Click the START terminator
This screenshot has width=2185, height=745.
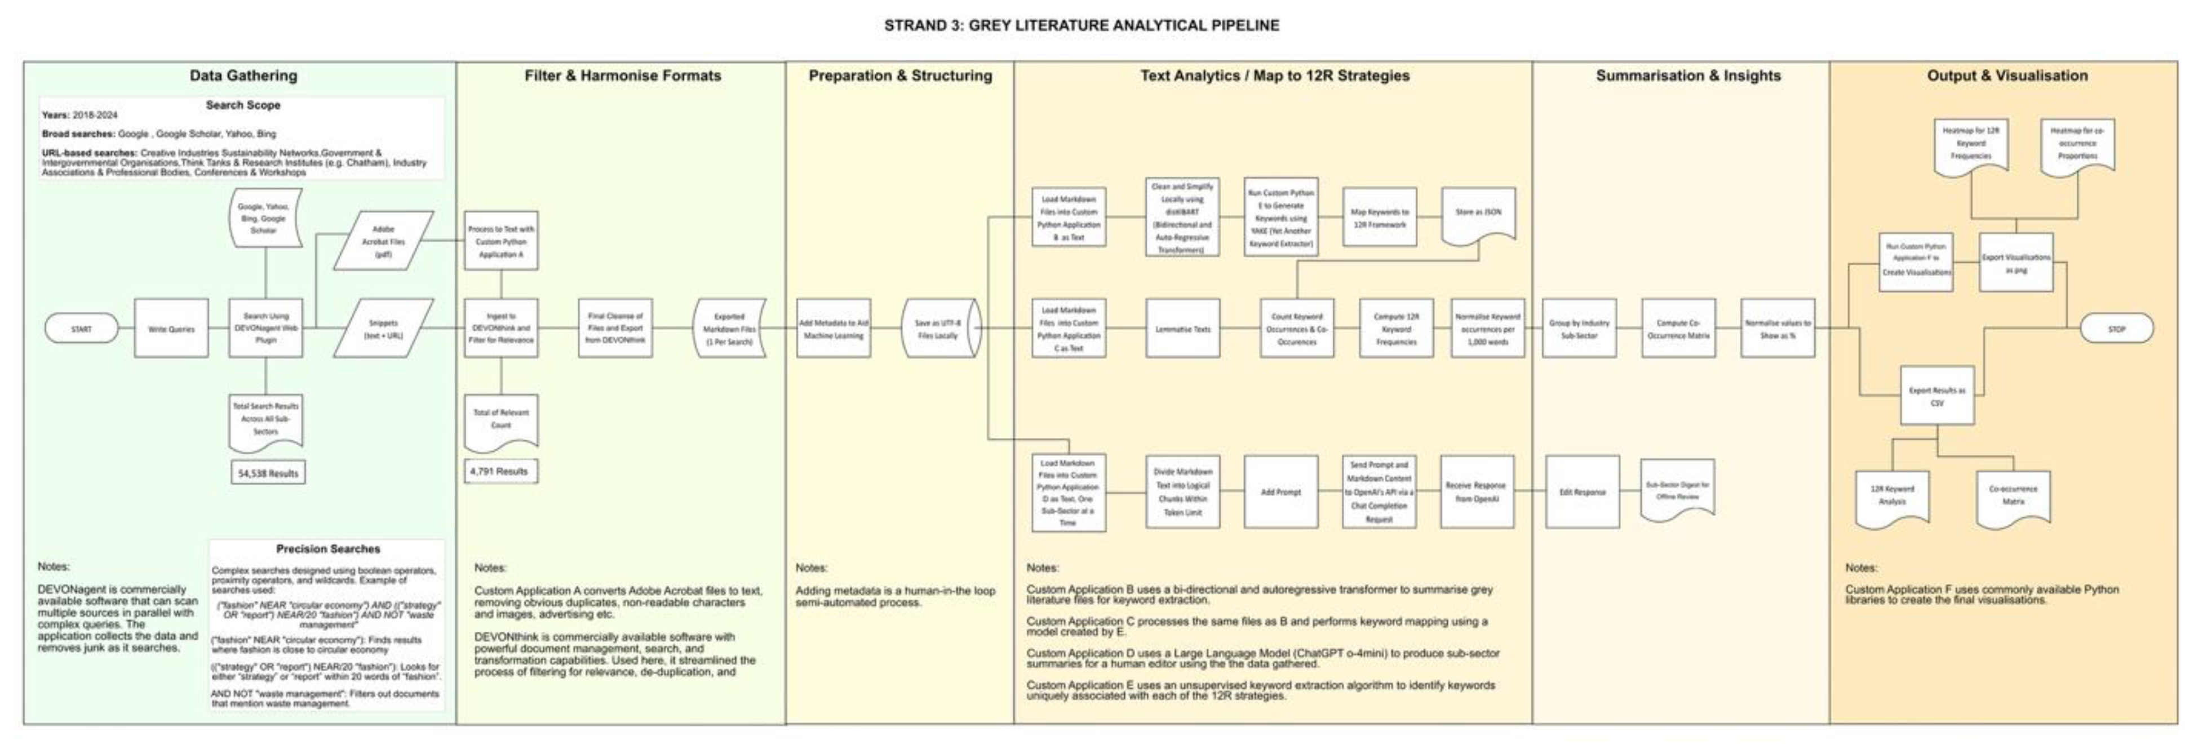tap(81, 329)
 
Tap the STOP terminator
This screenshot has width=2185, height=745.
tap(2116, 329)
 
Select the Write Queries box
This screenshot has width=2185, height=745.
tap(171, 329)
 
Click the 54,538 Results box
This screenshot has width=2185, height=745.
tap(268, 473)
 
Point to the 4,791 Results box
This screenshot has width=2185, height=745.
tap(499, 471)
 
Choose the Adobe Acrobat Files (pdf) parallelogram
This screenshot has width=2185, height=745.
tap(383, 241)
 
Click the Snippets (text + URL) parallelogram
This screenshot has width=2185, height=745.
tap(383, 329)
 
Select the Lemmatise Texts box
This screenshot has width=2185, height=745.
tap(1182, 329)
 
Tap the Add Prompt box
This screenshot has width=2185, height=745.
tap(1281, 492)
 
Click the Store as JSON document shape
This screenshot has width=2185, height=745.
tap(1478, 214)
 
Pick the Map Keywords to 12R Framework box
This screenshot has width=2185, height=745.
tap(1379, 218)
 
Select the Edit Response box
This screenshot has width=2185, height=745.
tap(1583, 492)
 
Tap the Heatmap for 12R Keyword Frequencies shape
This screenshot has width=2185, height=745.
tap(1970, 144)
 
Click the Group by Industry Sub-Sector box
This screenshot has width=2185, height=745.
tap(1579, 329)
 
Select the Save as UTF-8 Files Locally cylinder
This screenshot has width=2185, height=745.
tap(939, 329)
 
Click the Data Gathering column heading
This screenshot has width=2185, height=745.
tap(243, 76)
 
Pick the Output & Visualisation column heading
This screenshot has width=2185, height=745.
tap(2007, 76)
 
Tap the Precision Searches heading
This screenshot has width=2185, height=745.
tap(327, 549)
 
